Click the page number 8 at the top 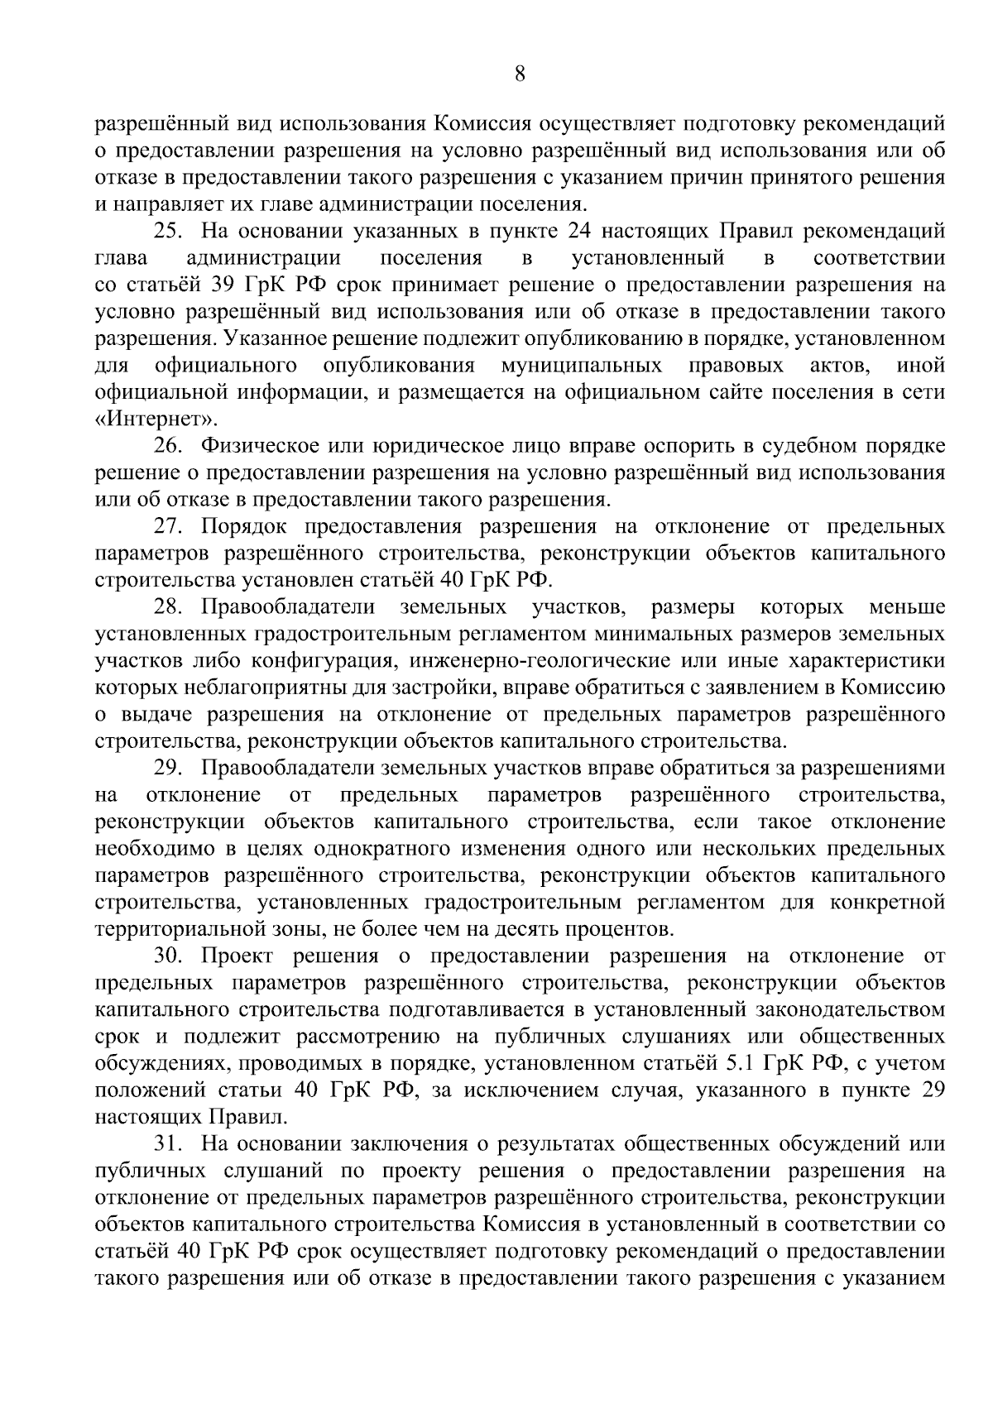(x=520, y=74)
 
